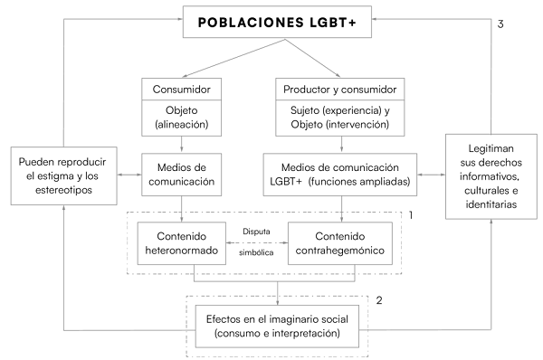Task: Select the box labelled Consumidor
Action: [184, 90]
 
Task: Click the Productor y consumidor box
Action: [342, 90]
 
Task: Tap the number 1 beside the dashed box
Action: [411, 216]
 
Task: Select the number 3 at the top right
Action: [500, 24]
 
